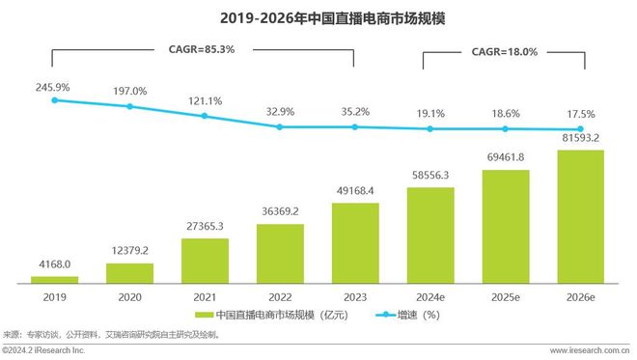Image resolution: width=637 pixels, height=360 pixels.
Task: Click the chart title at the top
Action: [318, 16]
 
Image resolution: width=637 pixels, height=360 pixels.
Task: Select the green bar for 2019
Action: [54, 280]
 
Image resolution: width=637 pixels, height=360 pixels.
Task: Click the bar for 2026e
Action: [581, 217]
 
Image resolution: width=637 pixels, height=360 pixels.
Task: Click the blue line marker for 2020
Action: [129, 106]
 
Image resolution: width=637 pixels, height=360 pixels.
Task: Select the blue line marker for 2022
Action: [280, 127]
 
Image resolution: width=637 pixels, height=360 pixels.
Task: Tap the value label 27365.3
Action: [205, 225]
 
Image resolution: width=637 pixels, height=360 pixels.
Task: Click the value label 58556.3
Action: [430, 175]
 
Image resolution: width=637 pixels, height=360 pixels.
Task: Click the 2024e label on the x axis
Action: [430, 297]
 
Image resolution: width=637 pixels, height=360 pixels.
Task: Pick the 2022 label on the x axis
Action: [280, 297]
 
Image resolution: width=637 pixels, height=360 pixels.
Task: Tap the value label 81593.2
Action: [581, 137]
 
